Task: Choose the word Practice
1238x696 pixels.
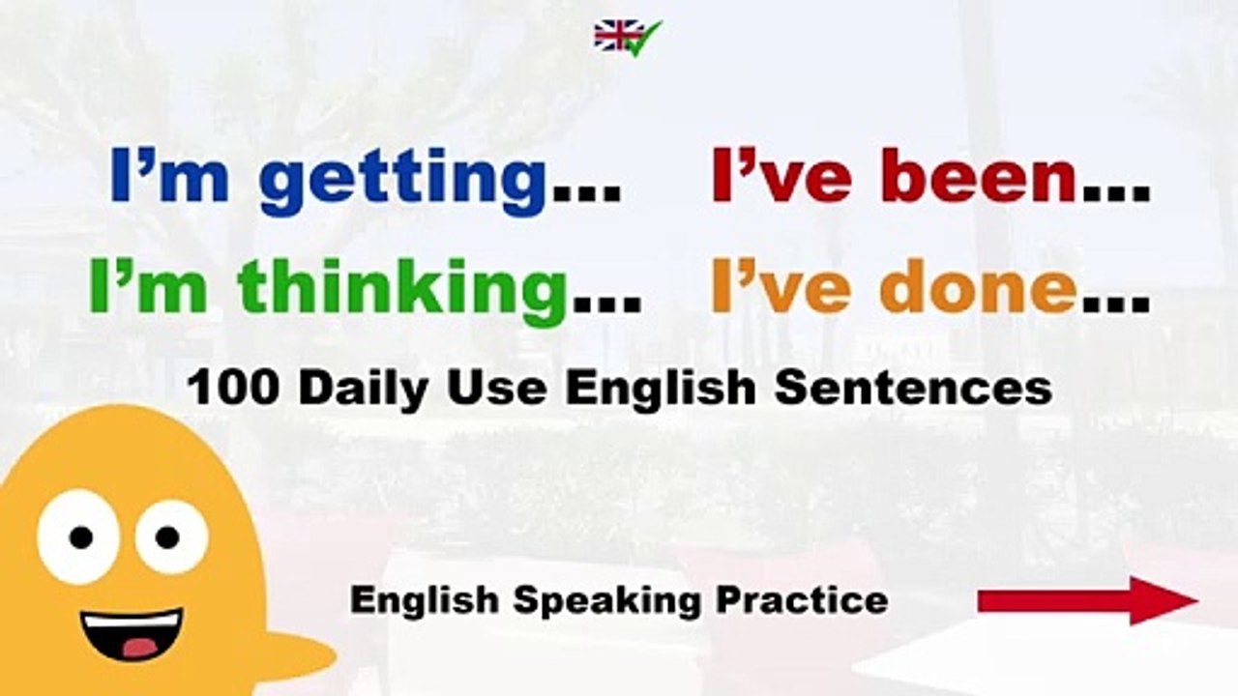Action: pos(802,599)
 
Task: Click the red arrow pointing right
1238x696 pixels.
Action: pos(1087,600)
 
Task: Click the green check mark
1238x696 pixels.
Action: pos(642,38)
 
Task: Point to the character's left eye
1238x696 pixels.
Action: pos(79,536)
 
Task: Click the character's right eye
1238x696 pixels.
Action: pos(169,535)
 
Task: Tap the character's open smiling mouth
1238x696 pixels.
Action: pos(131,634)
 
